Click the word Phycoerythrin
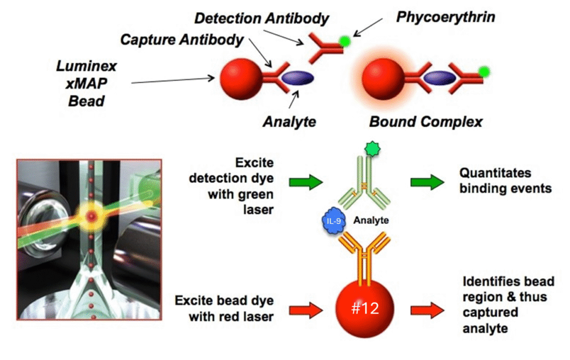pyautogui.click(x=446, y=16)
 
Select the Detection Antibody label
pyautogui.click(x=261, y=18)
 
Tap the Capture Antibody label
pyautogui.click(x=181, y=40)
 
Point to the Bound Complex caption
pyautogui.click(x=426, y=122)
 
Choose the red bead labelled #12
pyautogui.click(x=365, y=308)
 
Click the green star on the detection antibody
pyautogui.click(x=372, y=149)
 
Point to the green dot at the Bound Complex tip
pyautogui.click(x=483, y=72)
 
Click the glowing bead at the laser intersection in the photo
pyautogui.click(x=90, y=216)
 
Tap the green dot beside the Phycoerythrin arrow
pyautogui.click(x=344, y=41)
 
